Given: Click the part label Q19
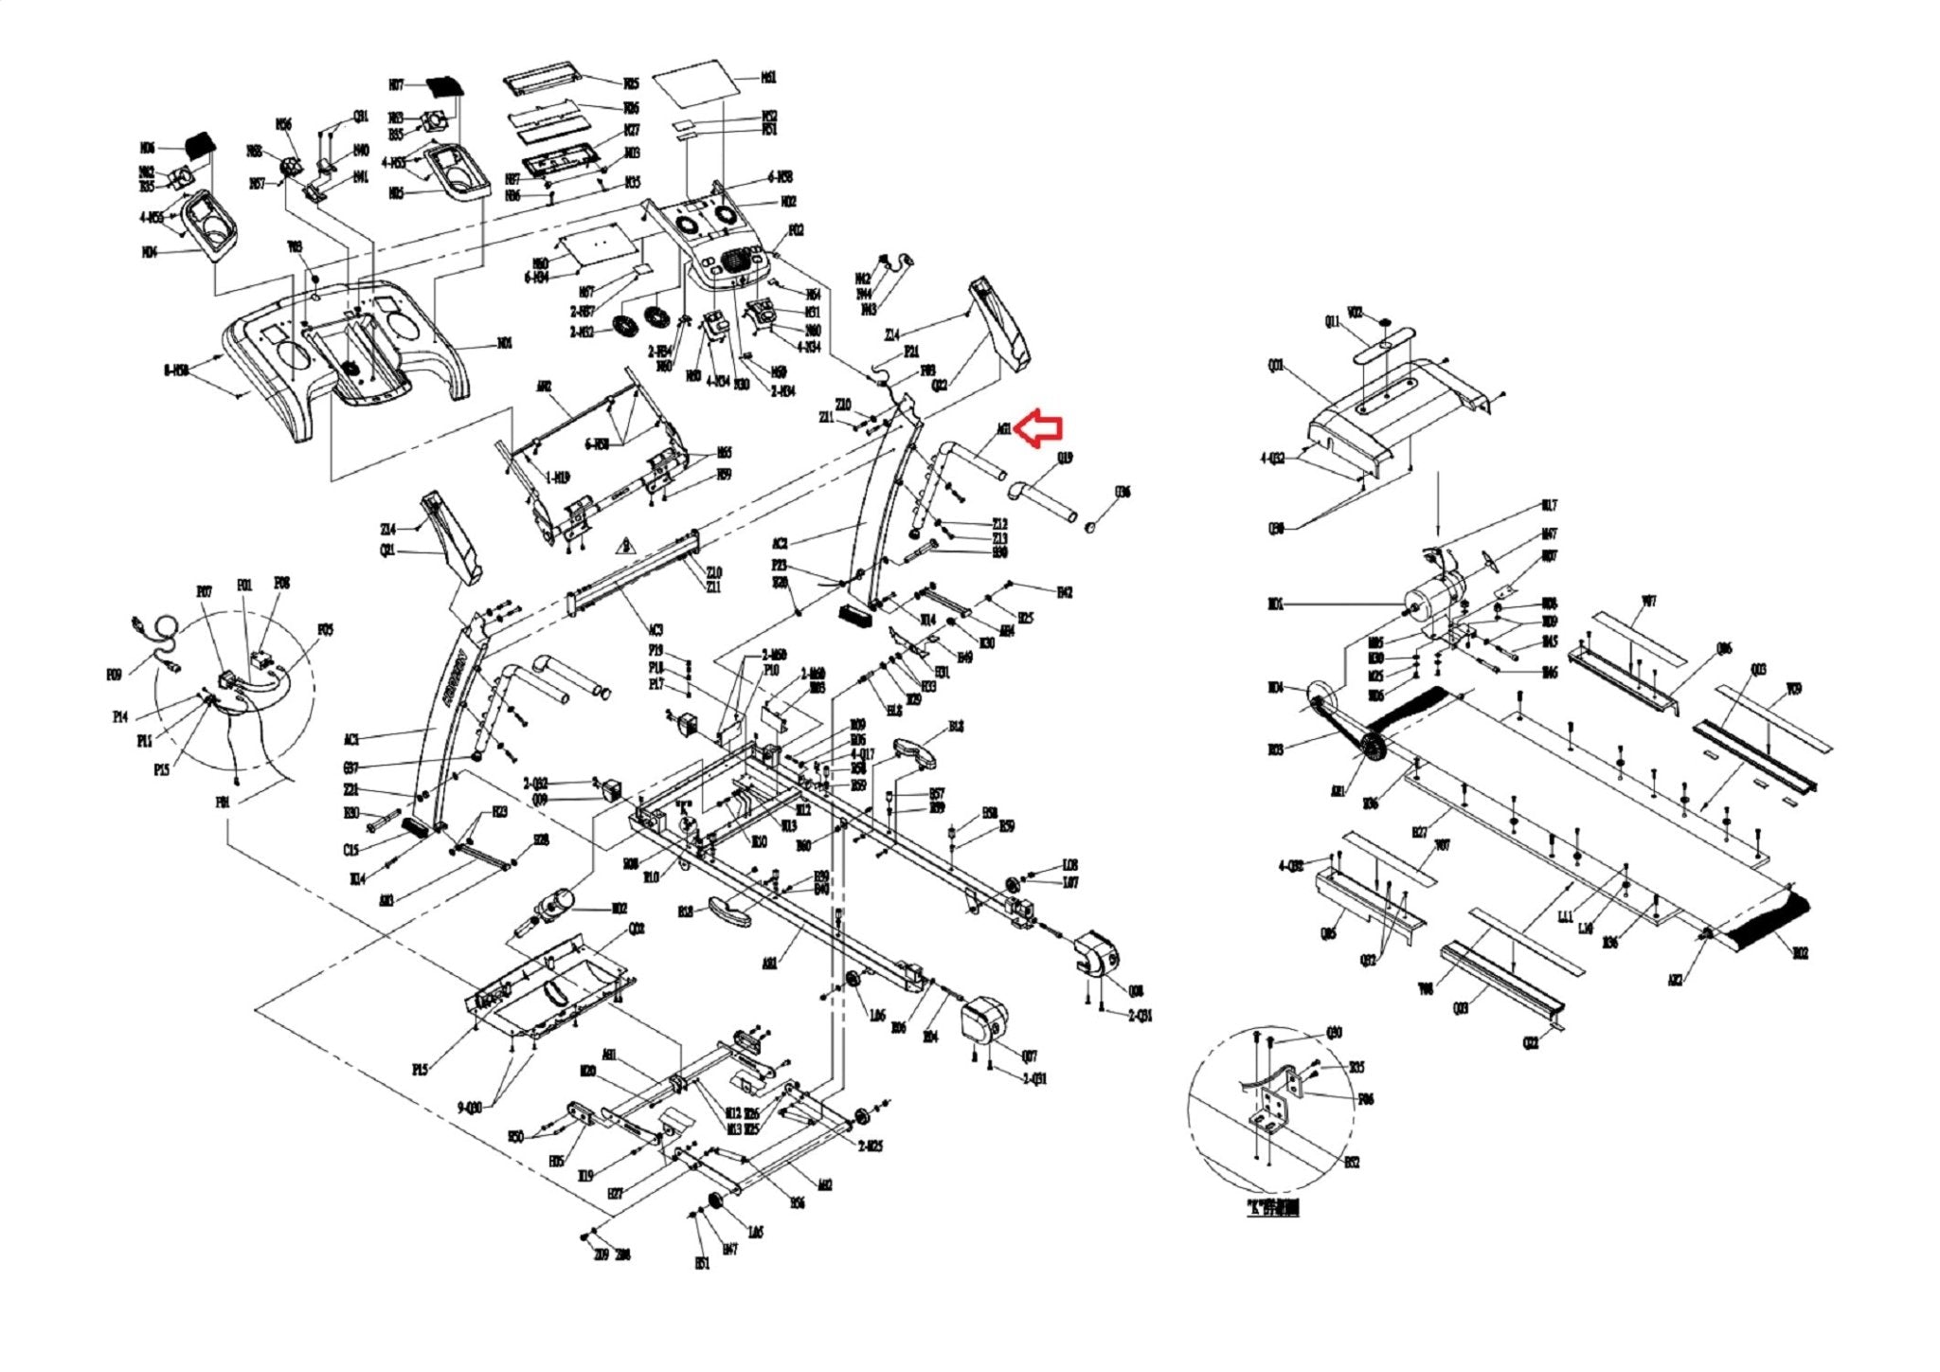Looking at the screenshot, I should pyautogui.click(x=1066, y=459).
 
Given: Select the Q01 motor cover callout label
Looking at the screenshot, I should pyautogui.click(x=1277, y=365).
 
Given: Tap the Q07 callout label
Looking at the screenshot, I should pyautogui.click(x=1030, y=1055).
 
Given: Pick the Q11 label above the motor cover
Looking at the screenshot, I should pyautogui.click(x=1333, y=322).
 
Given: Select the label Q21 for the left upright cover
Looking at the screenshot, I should pyautogui.click(x=387, y=551).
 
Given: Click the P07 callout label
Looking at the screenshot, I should pyautogui.click(x=205, y=591).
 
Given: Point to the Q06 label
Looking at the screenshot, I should pyautogui.click(x=1724, y=649).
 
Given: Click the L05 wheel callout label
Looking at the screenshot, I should pyautogui.click(x=755, y=1232).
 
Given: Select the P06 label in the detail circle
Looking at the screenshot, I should pyautogui.click(x=1365, y=1099).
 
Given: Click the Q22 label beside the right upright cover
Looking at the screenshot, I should pyautogui.click(x=940, y=385).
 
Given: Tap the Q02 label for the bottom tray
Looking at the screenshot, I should pyautogui.click(x=638, y=929).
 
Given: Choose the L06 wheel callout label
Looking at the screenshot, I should pyautogui.click(x=877, y=1016).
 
